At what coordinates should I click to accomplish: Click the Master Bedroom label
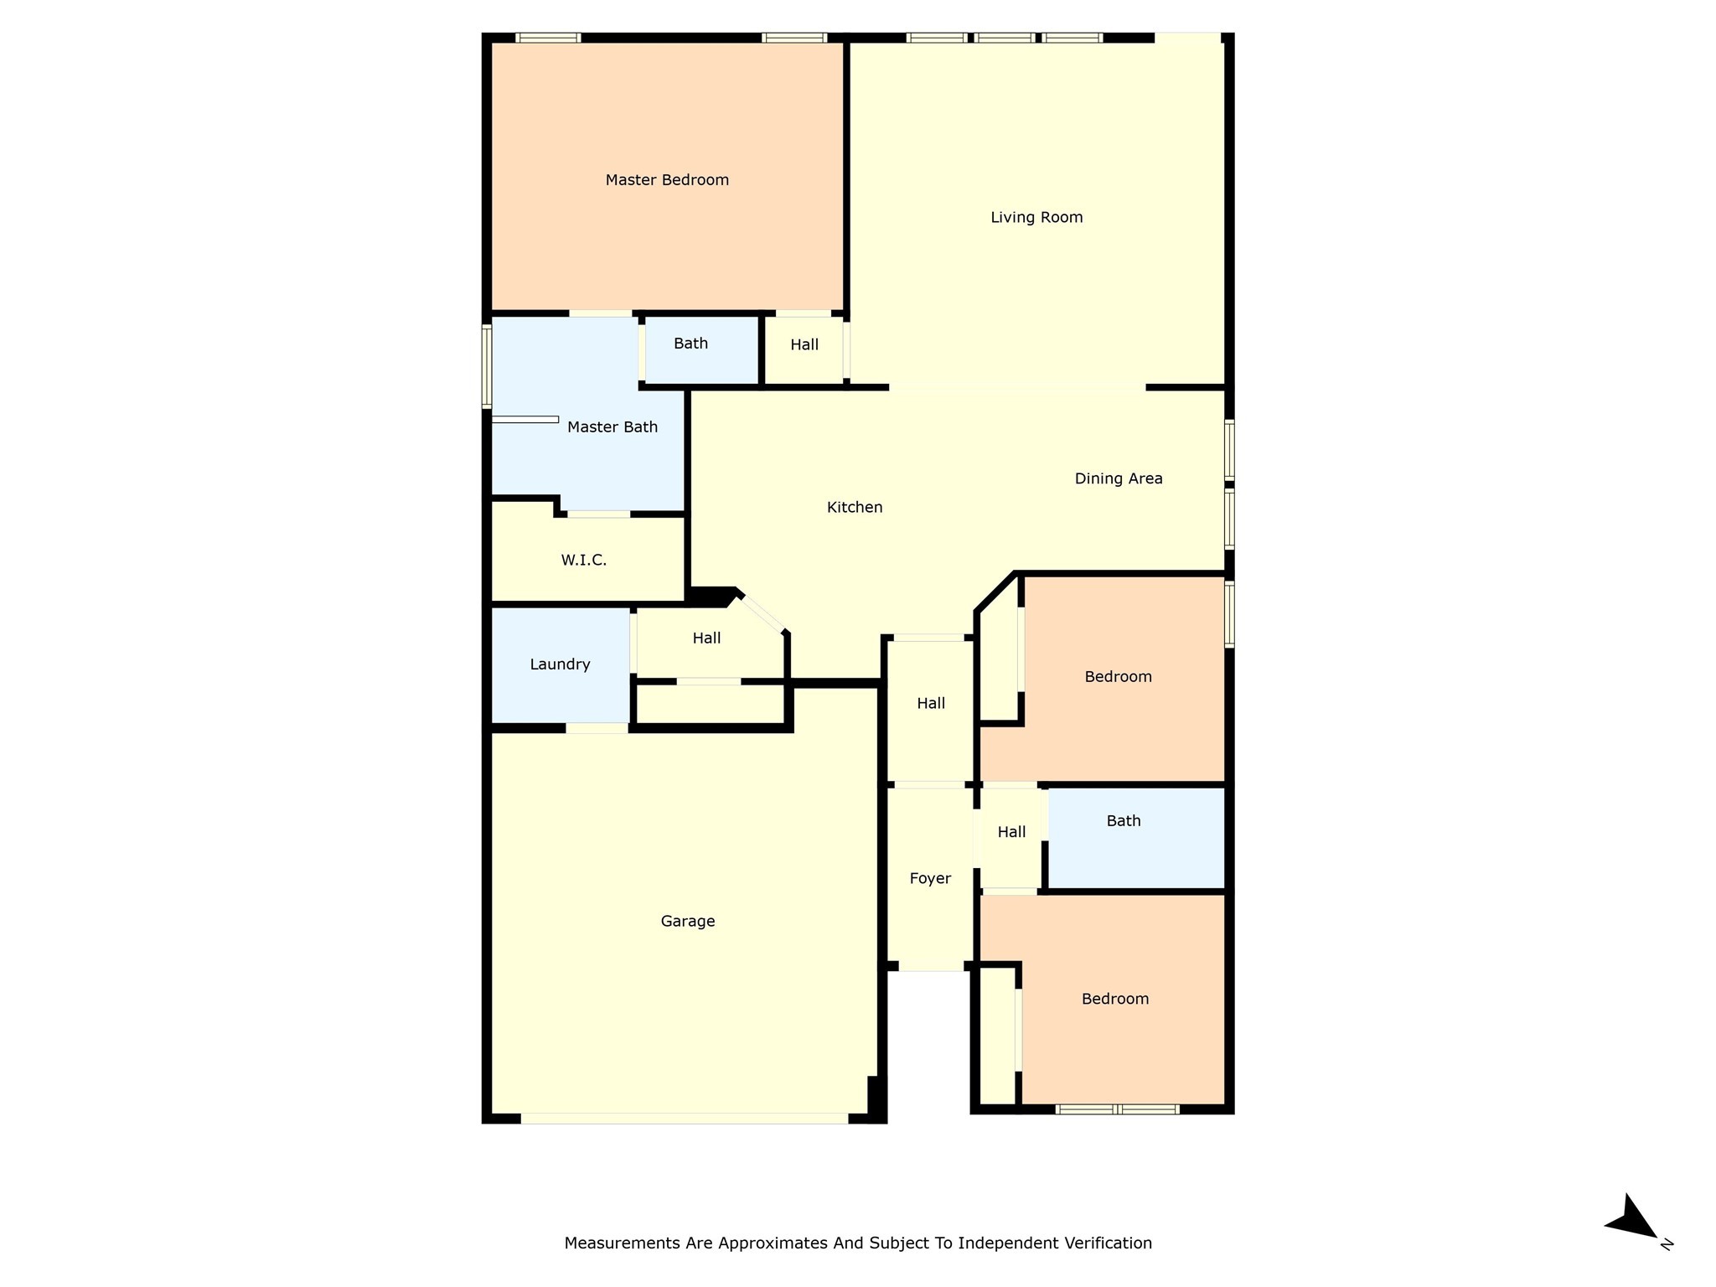point(667,180)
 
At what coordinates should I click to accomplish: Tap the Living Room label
point(1036,218)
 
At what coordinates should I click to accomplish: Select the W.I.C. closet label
point(584,561)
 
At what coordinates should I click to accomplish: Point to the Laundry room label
point(560,664)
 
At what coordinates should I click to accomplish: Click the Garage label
point(688,922)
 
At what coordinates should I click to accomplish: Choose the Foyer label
point(930,879)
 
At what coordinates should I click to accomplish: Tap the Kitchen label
point(855,508)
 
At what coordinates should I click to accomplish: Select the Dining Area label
point(1119,479)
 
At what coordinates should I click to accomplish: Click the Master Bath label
point(612,427)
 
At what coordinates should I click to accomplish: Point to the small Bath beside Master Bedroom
point(690,344)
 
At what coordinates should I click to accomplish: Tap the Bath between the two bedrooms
point(1124,821)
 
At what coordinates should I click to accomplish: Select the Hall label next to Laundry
point(706,638)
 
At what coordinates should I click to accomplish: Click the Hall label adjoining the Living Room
point(804,345)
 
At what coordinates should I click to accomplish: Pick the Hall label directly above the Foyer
point(931,704)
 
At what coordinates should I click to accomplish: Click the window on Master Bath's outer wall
point(487,367)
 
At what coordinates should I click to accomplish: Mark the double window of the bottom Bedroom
point(1117,1109)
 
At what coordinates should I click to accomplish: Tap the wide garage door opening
point(685,1119)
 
